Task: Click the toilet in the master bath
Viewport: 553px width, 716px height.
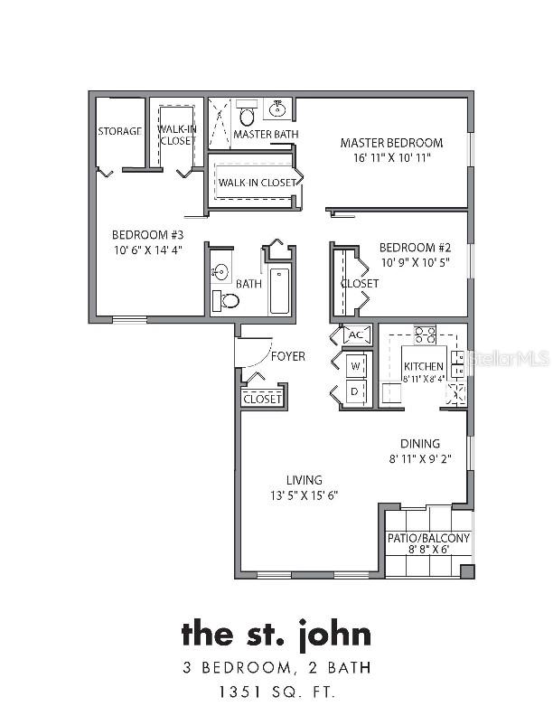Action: pos(247,114)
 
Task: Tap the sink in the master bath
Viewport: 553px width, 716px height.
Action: pos(277,108)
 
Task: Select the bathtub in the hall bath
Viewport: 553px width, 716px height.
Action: pos(279,291)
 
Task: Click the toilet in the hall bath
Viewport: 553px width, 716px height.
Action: pos(226,300)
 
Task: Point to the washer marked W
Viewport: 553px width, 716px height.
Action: pos(356,366)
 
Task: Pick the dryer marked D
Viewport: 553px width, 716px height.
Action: pos(356,391)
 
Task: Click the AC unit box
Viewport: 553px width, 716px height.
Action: pos(355,334)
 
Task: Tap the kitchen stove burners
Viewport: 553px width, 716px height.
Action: pos(425,334)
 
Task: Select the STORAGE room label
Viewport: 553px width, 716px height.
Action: pos(120,131)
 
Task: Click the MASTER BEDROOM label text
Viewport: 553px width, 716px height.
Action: pos(391,143)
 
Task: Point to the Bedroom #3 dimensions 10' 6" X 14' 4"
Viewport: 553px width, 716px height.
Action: pos(148,250)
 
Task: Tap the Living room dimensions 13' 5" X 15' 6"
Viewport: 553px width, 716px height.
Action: pos(304,495)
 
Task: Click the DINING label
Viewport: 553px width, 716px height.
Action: pos(420,443)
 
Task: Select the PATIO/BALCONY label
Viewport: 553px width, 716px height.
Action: pos(428,538)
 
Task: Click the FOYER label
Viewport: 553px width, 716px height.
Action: pos(288,356)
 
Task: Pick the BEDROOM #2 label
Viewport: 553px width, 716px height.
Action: pos(416,248)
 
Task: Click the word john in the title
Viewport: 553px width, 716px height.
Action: pos(335,636)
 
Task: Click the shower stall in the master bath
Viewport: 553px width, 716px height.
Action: pos(220,123)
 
